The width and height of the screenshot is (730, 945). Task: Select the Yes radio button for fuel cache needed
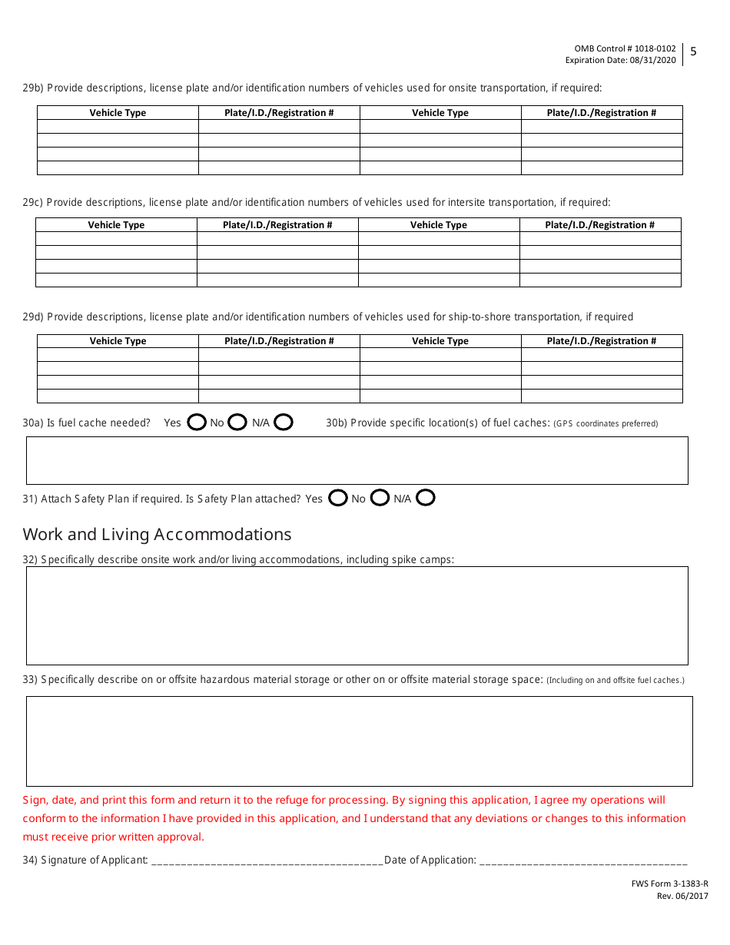197,422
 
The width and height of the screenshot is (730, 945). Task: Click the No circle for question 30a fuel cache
237,422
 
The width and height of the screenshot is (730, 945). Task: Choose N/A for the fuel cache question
284,422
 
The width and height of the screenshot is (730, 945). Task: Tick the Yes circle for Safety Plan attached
337,498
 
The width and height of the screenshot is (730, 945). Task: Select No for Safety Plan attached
380,498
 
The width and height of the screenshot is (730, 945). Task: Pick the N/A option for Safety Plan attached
426,498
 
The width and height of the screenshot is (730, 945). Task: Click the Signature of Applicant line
267,860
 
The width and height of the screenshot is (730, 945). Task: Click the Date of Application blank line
583,860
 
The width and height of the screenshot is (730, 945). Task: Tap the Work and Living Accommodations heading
157,534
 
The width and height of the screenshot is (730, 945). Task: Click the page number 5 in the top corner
693,52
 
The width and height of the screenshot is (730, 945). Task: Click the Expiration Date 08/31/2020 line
620,60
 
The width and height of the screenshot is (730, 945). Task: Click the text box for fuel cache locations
357,460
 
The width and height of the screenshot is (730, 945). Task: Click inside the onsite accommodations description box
357,615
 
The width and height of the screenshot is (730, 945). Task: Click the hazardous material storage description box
359,741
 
